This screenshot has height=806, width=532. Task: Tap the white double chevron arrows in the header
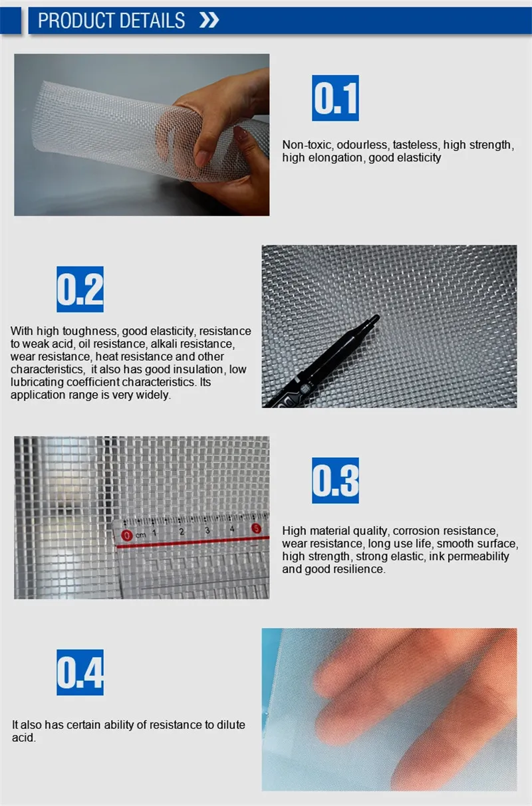click(x=209, y=21)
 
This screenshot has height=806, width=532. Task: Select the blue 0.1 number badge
click(x=335, y=98)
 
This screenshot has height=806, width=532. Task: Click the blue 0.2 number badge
click(x=80, y=289)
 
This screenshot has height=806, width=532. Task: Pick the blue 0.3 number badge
click(x=335, y=480)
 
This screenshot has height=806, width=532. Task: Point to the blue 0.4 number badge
click(x=80, y=672)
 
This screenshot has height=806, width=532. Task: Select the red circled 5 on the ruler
click(x=256, y=529)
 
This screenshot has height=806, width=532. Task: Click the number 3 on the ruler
click(x=207, y=530)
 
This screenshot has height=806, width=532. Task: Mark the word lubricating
click(x=36, y=382)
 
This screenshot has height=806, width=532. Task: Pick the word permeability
click(x=479, y=556)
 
